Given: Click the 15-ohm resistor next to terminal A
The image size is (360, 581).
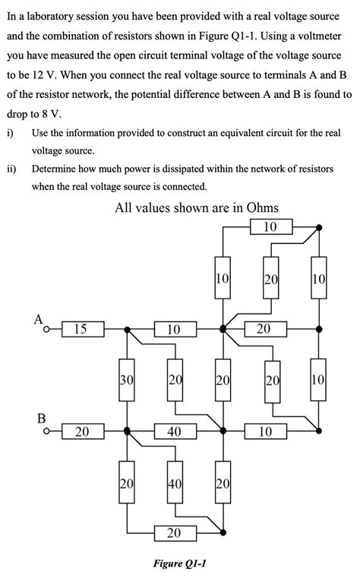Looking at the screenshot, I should [x=80, y=329].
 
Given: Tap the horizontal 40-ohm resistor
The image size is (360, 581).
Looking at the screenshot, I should [x=174, y=431].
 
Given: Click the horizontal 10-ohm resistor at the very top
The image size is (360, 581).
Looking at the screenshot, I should [x=270, y=226].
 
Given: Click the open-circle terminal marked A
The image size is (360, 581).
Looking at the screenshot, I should [x=46, y=330].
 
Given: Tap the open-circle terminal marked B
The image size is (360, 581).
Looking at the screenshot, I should [x=46, y=431].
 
